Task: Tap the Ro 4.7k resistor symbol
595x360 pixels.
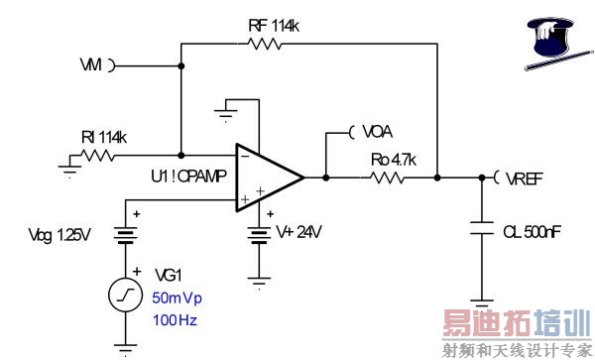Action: (387, 179)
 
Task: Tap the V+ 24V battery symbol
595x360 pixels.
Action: (259, 236)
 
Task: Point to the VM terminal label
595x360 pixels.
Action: (90, 65)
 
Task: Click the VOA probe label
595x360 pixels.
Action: (374, 131)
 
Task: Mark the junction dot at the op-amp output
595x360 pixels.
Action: (326, 179)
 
